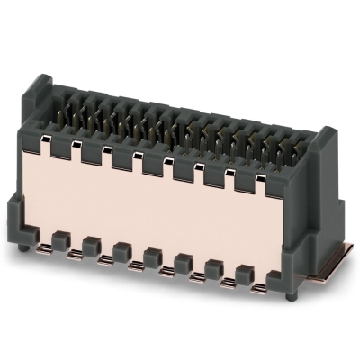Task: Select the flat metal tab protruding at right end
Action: point(328,265)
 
